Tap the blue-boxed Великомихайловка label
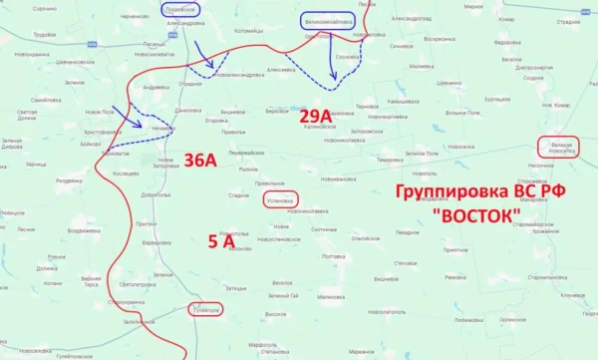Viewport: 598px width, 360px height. point(325,20)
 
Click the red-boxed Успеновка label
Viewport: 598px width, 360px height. point(280,199)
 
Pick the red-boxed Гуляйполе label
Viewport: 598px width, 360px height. point(203,310)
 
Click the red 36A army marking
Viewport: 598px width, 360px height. point(199,162)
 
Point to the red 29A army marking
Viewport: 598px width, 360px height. point(317,116)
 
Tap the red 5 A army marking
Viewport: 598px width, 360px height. point(221,240)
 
